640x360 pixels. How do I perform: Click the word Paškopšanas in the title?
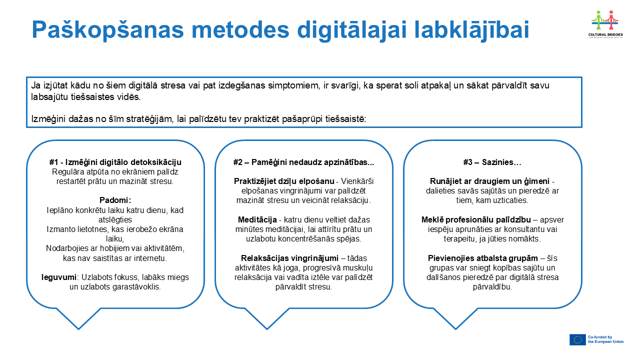click(107, 29)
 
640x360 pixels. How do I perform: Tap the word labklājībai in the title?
click(471, 29)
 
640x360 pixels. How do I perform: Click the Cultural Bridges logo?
click(605, 24)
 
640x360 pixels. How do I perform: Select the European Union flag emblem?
click(577, 339)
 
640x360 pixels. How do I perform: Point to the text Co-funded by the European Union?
click(605, 339)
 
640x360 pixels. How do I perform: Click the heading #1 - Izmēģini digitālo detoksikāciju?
click(115, 162)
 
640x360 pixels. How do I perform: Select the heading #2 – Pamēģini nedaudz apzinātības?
click(303, 162)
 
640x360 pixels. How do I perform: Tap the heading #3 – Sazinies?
click(492, 162)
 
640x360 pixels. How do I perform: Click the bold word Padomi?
click(115, 200)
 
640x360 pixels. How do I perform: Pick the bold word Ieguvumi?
click(59, 277)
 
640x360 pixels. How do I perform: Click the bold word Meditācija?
click(257, 219)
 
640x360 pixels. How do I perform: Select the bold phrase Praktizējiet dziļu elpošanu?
click(284, 181)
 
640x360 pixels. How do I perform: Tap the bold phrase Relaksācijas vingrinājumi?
click(289, 258)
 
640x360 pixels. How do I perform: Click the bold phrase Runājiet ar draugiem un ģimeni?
click(489, 181)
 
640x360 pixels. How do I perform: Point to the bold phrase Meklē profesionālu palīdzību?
click(476, 219)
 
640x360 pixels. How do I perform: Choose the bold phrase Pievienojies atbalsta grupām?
click(482, 258)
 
